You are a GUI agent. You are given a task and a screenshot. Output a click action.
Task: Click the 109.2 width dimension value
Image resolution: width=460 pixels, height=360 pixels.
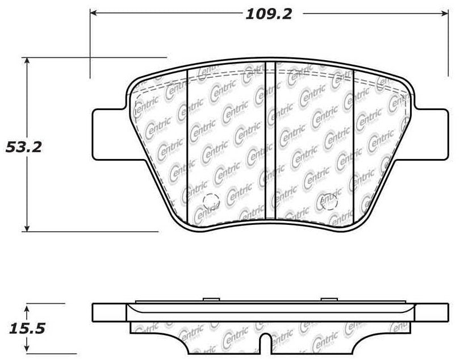click(269, 14)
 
